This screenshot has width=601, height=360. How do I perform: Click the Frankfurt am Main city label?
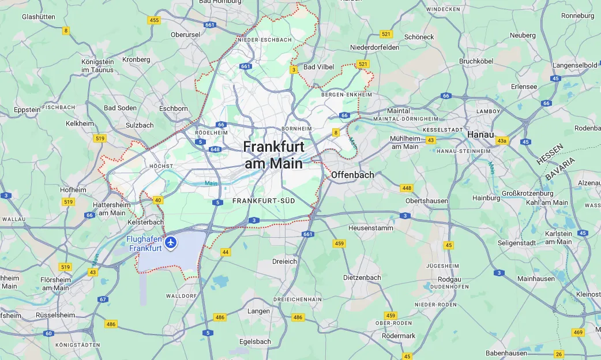click(x=273, y=155)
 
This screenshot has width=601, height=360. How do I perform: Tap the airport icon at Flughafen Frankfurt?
click(x=170, y=243)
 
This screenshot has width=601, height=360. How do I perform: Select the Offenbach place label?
click(x=352, y=175)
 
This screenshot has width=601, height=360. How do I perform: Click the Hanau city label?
click(x=480, y=134)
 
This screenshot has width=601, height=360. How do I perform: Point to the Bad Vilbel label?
click(x=318, y=67)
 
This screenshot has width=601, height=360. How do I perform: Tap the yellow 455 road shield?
click(x=154, y=20)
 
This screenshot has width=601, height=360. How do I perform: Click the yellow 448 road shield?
click(x=407, y=188)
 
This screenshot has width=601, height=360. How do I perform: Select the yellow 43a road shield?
click(x=502, y=141)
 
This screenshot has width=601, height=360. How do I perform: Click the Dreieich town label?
click(x=284, y=261)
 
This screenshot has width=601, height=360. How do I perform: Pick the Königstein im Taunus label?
click(x=97, y=65)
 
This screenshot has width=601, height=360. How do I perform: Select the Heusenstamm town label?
click(x=370, y=228)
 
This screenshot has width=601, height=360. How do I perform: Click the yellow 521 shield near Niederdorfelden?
click(x=386, y=35)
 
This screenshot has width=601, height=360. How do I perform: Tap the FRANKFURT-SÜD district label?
click(x=264, y=201)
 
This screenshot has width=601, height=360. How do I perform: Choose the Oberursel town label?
click(x=185, y=35)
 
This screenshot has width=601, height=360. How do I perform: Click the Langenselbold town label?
click(x=574, y=65)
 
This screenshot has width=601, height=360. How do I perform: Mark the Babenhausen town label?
click(x=508, y=352)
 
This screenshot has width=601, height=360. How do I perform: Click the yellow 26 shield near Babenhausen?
click(x=558, y=354)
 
